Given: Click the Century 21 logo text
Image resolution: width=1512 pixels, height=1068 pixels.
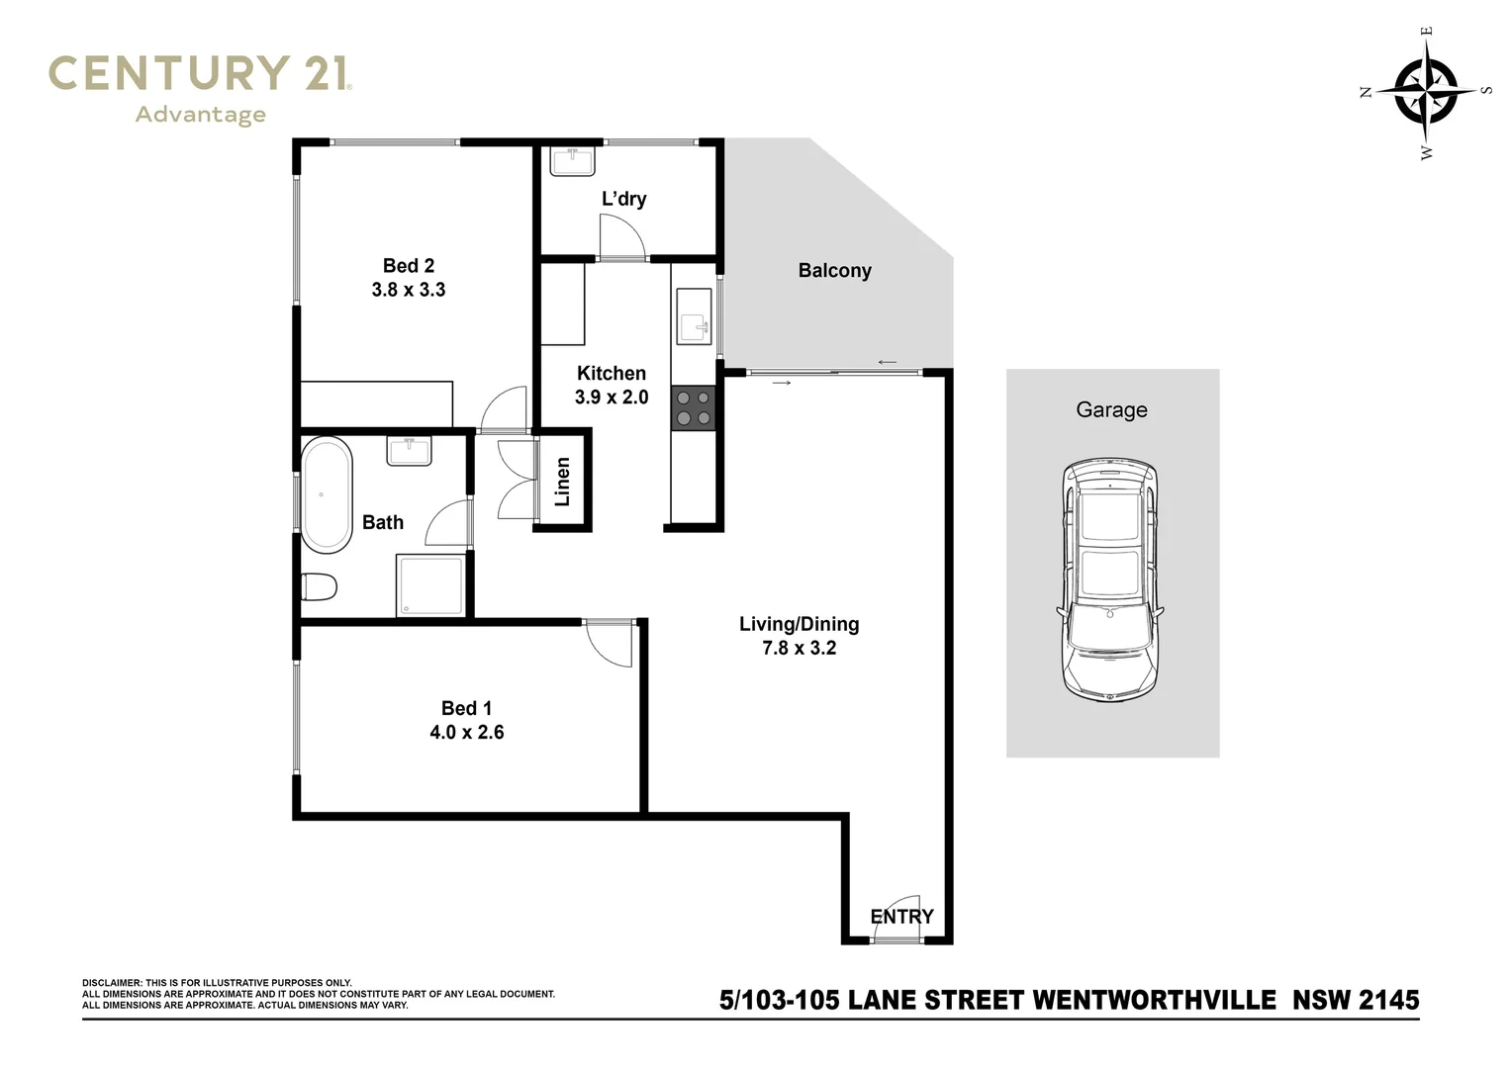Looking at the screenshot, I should click(199, 74).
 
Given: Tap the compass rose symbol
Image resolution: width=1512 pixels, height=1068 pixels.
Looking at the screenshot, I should click(1426, 92).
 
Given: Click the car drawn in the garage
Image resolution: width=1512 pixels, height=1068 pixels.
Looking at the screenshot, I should click(1110, 579).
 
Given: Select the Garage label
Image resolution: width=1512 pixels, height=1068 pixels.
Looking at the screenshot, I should click(1111, 409).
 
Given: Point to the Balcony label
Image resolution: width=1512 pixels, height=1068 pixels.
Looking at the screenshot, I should click(834, 270).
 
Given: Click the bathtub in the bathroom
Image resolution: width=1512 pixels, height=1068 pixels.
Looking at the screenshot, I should click(327, 494).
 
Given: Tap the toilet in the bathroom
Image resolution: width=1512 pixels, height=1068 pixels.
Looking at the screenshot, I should click(320, 587).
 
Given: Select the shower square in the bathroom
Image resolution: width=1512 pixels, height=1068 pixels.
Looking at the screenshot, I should click(430, 585).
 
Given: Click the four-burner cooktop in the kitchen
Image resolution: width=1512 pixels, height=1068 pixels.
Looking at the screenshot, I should click(693, 408).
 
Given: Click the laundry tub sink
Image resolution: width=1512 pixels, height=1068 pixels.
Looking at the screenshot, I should click(571, 160).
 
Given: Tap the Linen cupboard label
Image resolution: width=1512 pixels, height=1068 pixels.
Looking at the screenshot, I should click(563, 482).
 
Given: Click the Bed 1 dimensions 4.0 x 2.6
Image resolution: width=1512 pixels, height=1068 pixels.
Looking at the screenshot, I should click(466, 733).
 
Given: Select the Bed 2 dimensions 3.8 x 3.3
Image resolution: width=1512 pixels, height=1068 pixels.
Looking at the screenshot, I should click(408, 290).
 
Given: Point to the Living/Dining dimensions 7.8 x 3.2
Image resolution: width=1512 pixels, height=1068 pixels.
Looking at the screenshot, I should click(799, 648).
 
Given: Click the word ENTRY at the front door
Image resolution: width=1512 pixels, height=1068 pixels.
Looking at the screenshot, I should click(901, 917).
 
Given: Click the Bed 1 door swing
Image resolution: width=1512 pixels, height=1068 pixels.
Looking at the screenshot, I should click(608, 644).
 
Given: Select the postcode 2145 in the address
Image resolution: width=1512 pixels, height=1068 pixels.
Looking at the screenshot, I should click(1387, 1000).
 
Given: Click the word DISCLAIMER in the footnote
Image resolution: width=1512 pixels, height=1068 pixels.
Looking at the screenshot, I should click(112, 983).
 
